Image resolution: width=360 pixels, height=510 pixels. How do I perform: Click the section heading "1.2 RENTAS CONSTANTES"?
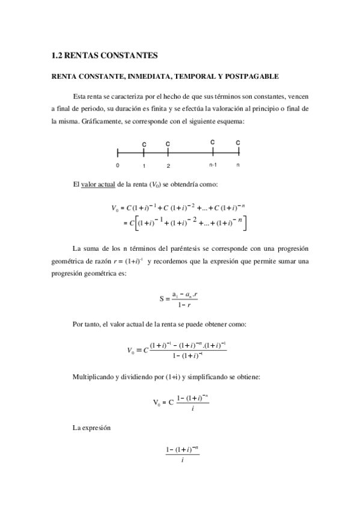(x=105, y=55)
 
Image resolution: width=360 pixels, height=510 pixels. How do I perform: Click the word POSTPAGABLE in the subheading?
(x=251, y=76)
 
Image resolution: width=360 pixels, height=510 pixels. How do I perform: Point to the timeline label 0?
(x=118, y=165)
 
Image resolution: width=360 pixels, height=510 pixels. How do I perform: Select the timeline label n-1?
(x=213, y=165)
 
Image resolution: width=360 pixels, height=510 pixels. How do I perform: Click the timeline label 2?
(x=168, y=165)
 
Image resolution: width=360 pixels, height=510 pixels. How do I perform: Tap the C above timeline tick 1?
(x=144, y=144)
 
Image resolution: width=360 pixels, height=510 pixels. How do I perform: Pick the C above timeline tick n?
(x=238, y=143)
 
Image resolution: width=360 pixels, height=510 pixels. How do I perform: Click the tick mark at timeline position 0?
(x=118, y=153)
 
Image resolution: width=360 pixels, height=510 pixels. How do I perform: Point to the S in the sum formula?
(x=162, y=298)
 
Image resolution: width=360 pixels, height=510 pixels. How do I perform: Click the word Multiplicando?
(x=96, y=377)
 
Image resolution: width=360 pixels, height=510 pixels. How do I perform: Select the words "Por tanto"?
(x=86, y=325)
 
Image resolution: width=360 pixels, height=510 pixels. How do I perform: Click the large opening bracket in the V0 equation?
(x=135, y=224)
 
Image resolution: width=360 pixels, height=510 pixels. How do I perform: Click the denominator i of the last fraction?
(x=182, y=461)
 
